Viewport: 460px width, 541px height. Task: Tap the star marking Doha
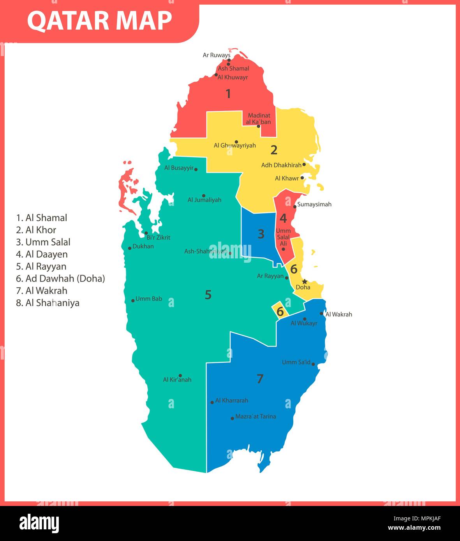pyautogui.click(x=305, y=281)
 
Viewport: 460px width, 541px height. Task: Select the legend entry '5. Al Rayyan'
pyautogui.click(x=41, y=267)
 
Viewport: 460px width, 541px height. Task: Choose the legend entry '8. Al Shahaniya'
pyautogui.click(x=48, y=303)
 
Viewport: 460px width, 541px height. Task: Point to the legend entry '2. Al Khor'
pyautogui.click(x=36, y=230)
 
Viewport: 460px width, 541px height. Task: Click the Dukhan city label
pyautogui.click(x=143, y=246)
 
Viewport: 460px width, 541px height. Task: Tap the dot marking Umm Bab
pyautogui.click(x=133, y=300)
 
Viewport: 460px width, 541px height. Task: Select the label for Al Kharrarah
pyautogui.click(x=231, y=400)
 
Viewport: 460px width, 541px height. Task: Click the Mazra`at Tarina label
pyautogui.click(x=256, y=416)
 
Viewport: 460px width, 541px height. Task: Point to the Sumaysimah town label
pyautogui.click(x=314, y=204)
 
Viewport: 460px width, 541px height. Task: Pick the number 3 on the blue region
pyautogui.click(x=261, y=234)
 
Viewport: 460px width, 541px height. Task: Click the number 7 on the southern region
pyautogui.click(x=260, y=379)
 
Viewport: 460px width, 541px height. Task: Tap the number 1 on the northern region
pyautogui.click(x=228, y=94)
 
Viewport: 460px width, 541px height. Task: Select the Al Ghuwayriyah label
pyautogui.click(x=234, y=146)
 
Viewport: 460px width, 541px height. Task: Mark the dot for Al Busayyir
pyautogui.click(x=196, y=169)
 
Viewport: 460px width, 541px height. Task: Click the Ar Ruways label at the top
pyautogui.click(x=217, y=55)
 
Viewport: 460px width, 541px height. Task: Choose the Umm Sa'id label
pyautogui.click(x=296, y=362)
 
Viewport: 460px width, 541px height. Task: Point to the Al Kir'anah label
pyautogui.click(x=177, y=380)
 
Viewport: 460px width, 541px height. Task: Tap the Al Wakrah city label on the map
pyautogui.click(x=338, y=314)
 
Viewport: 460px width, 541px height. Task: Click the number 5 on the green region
pyautogui.click(x=208, y=295)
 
